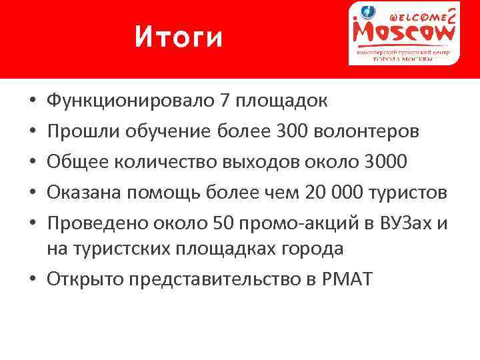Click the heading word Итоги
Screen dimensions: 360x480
[178, 37]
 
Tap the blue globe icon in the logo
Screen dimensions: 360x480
[368, 12]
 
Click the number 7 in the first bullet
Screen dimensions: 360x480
[224, 101]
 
